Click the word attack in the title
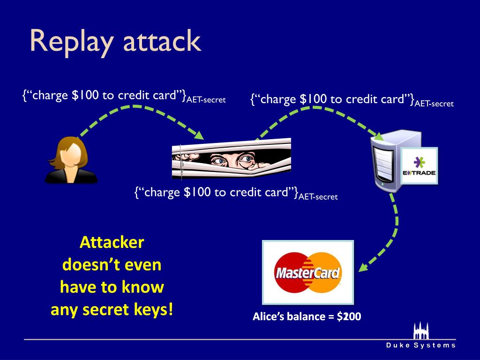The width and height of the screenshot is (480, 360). [162, 42]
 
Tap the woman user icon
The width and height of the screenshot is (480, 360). [71, 160]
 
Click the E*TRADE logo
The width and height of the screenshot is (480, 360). [419, 167]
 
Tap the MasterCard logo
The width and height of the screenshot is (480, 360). [307, 272]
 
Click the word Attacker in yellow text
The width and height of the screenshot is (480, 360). [112, 242]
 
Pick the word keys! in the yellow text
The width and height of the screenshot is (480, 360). [151, 309]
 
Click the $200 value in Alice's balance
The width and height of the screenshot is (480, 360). [349, 317]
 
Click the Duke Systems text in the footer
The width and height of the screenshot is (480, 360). [421, 345]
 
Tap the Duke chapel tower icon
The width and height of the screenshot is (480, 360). [420, 330]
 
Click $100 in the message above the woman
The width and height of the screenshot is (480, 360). [85, 95]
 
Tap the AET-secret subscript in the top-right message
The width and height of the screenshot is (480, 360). [434, 104]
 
